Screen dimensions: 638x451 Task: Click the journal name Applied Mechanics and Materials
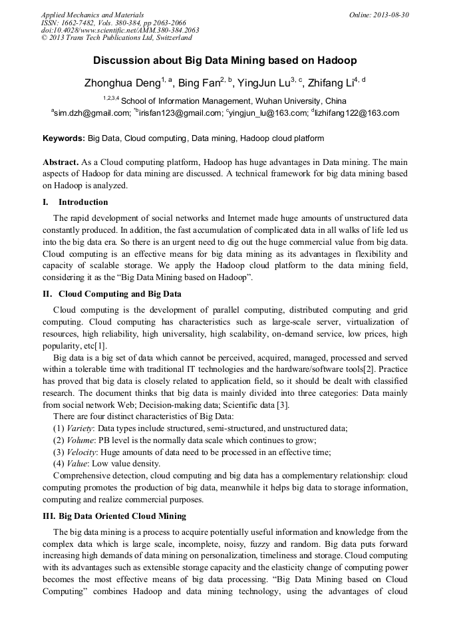coord(92,14)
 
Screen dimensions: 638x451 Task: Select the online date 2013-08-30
coord(388,14)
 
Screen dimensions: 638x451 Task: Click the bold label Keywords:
coord(64,139)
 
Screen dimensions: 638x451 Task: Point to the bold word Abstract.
coord(61,162)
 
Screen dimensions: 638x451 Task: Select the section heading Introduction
coord(83,202)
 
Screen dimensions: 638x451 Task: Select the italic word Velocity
coord(82,452)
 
